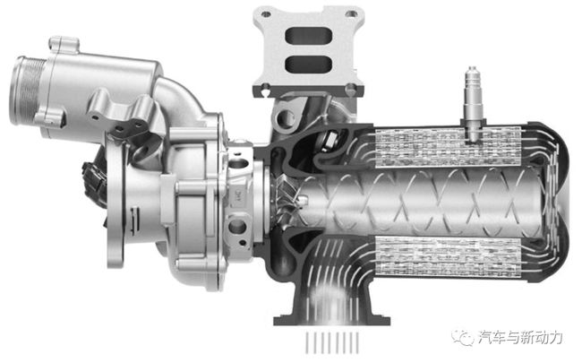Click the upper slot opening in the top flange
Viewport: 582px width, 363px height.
click(x=308, y=37)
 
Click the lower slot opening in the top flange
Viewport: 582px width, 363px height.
click(x=308, y=64)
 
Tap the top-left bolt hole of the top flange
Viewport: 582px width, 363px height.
click(x=266, y=14)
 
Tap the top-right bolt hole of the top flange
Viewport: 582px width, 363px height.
click(x=351, y=13)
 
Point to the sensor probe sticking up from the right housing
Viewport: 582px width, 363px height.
click(x=473, y=104)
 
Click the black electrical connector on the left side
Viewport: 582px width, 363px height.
click(x=93, y=184)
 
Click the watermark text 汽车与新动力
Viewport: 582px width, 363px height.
click(x=520, y=338)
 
